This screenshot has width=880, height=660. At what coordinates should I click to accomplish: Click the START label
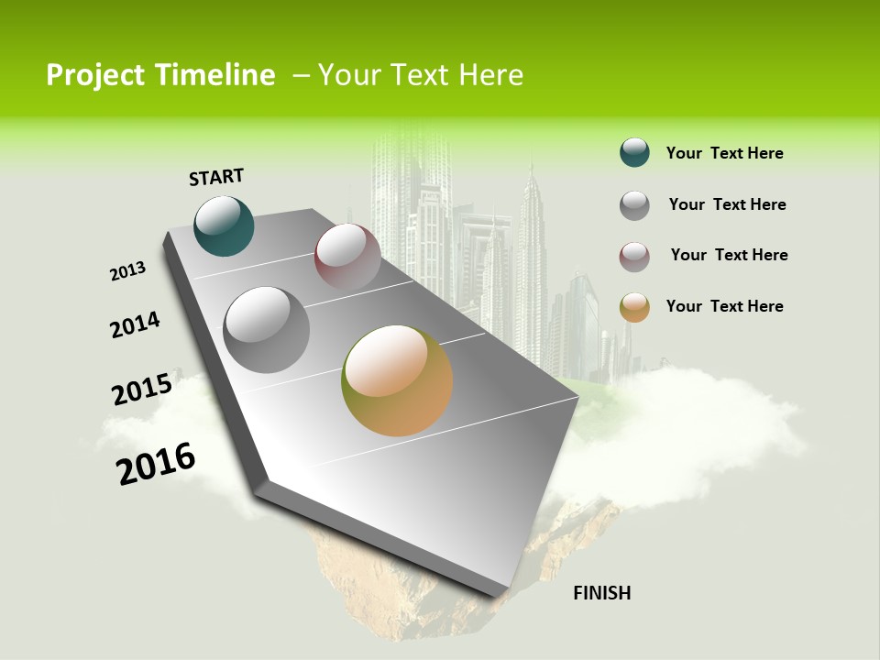[x=216, y=176]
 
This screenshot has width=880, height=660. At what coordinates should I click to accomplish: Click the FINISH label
[x=601, y=593]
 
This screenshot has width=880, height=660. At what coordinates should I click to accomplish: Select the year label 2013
[x=127, y=271]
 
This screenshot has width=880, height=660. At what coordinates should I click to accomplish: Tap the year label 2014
[x=135, y=325]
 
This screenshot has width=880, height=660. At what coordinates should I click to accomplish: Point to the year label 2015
[x=142, y=390]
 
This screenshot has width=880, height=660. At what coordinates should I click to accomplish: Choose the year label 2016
[x=156, y=464]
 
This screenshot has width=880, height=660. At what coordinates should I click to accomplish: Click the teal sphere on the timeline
[x=224, y=225]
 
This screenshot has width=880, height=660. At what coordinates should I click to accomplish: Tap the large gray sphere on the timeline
[x=267, y=330]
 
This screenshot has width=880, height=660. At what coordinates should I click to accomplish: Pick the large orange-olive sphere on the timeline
[x=397, y=380]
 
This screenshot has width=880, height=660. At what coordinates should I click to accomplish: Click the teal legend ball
[x=634, y=153]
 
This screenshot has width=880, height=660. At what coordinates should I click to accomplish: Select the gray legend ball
[x=634, y=204]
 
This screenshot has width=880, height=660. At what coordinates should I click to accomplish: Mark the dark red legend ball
[x=634, y=257]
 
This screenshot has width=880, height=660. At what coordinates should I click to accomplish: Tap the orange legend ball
[x=634, y=307]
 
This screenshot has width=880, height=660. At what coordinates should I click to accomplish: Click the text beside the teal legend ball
[x=724, y=153]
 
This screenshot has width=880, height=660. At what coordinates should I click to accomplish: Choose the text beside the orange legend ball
[x=724, y=306]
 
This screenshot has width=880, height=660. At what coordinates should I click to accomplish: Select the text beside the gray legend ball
[x=727, y=204]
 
